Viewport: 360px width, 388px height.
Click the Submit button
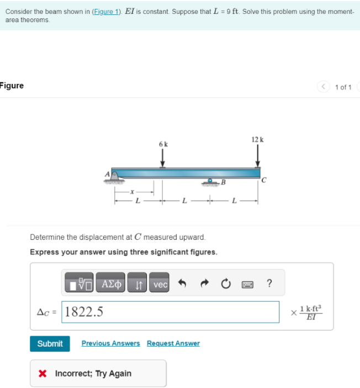[50, 344]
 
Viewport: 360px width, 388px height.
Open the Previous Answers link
[110, 343]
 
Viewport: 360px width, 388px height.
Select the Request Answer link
[173, 343]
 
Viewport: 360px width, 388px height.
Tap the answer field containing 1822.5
[171, 312]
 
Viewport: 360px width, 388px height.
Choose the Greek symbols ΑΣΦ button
[111, 284]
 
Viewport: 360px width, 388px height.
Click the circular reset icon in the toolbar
[225, 284]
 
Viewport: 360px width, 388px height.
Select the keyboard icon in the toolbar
[247, 284]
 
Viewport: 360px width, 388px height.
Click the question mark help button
[269, 284]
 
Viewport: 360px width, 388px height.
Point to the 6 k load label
[163, 144]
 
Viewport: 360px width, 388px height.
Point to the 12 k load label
[257, 139]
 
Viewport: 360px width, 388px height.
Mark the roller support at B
[210, 181]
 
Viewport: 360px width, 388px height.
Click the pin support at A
[115, 175]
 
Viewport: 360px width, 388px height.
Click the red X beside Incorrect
[43, 374]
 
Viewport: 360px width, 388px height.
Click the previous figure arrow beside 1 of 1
[324, 87]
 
